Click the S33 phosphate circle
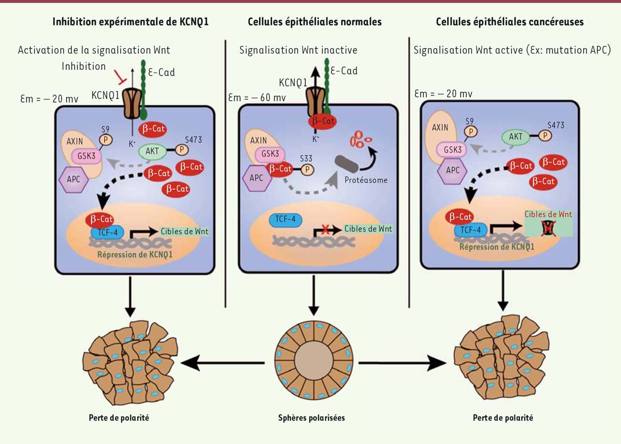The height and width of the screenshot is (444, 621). (x=307, y=169)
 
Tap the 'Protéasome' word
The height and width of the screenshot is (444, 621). (x=365, y=180)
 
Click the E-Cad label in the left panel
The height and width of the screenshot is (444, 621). (x=161, y=72)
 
